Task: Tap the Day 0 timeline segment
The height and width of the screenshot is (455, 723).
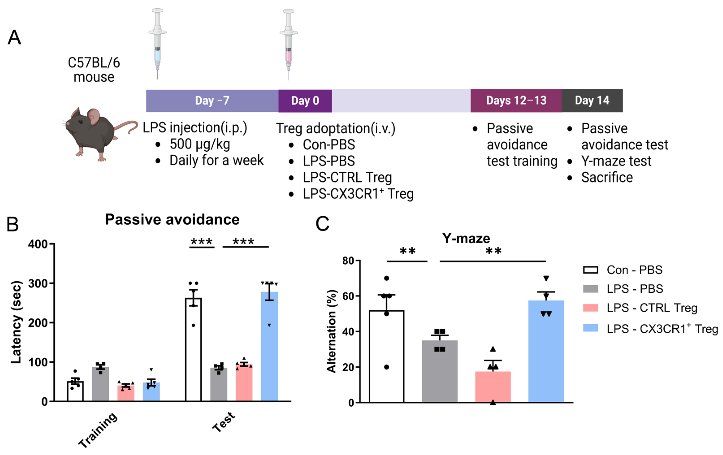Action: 305,101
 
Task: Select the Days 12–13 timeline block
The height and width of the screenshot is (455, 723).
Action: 516,101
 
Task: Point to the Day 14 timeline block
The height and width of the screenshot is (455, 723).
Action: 592,101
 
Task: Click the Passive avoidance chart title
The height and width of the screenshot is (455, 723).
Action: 172,219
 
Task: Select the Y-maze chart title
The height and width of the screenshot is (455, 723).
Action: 466,238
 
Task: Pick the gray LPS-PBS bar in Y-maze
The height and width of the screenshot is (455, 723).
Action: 439,373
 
